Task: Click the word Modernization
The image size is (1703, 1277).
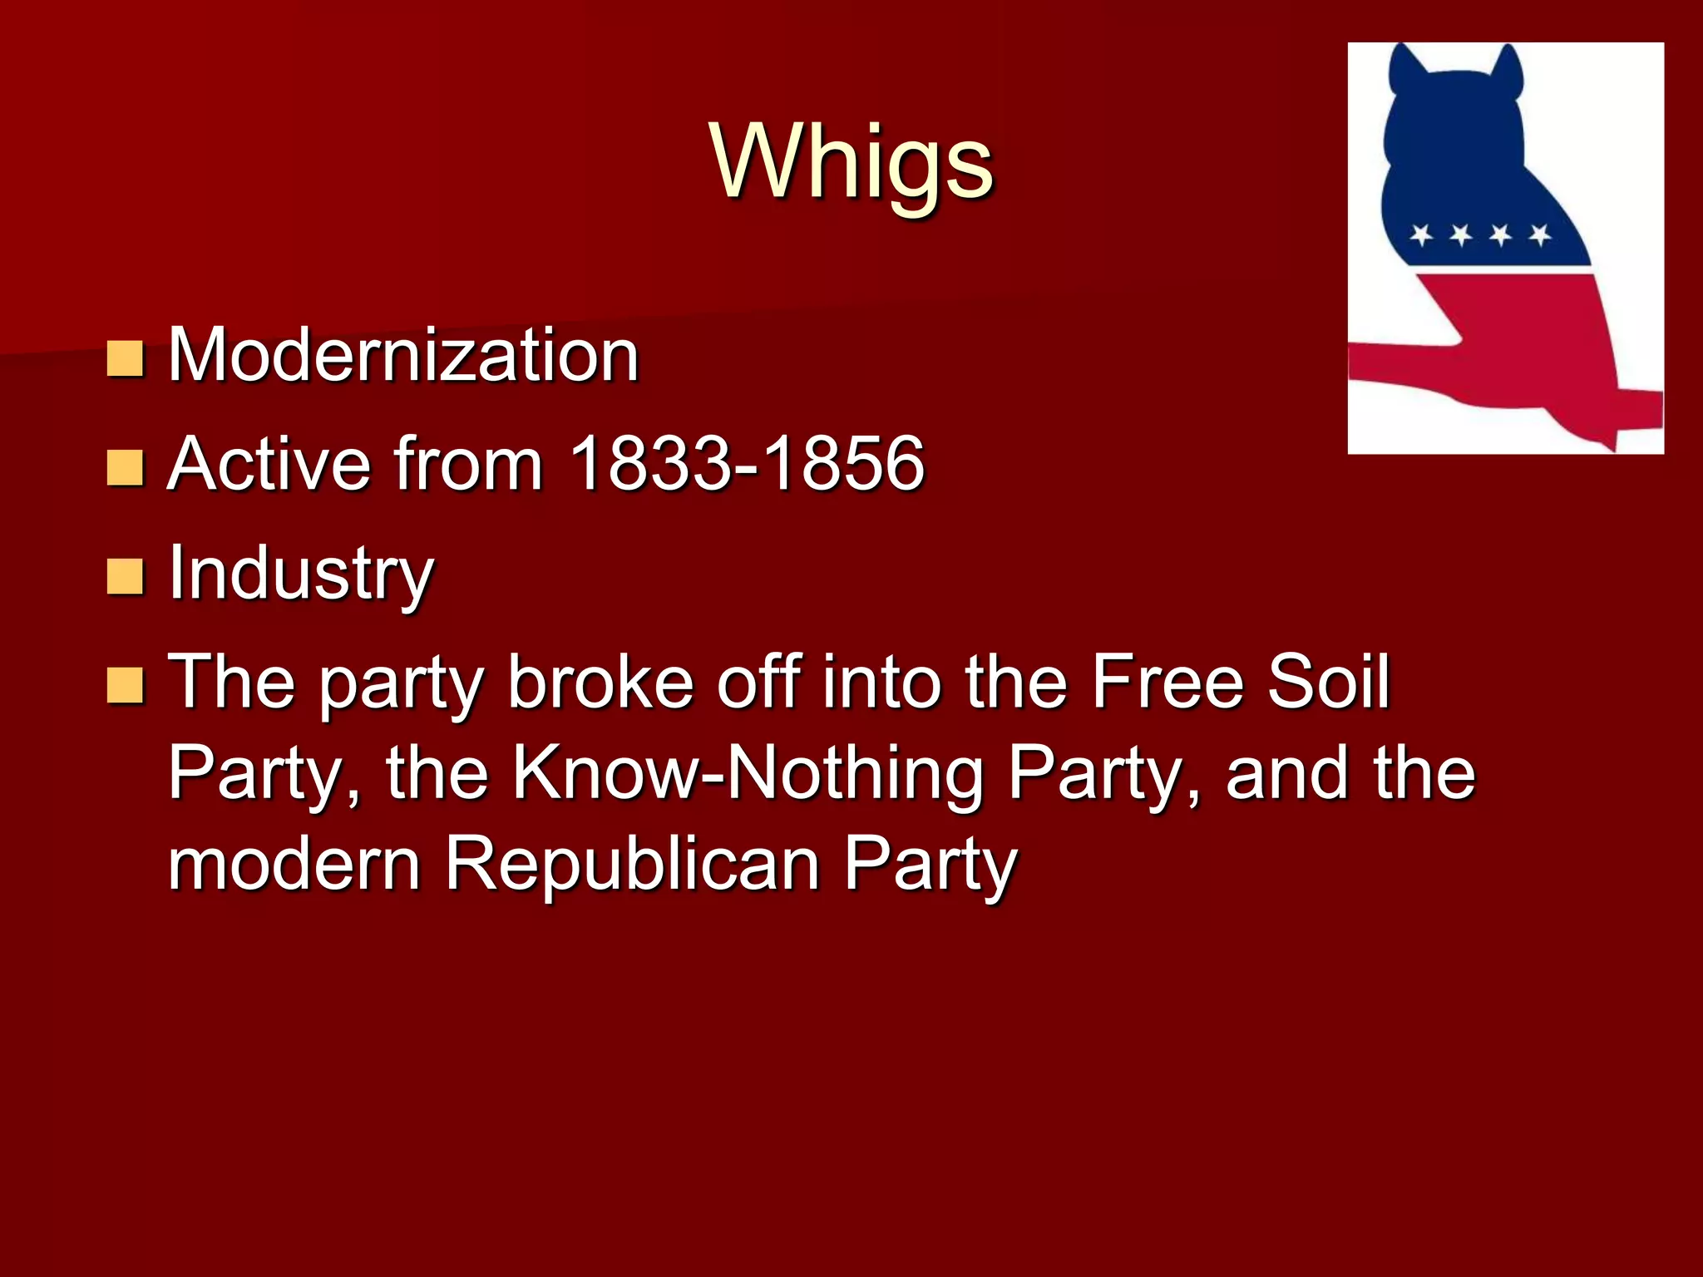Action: [x=403, y=355]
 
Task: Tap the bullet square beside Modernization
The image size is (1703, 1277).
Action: [x=126, y=358]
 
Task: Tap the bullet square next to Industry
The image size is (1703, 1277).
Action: [x=126, y=576]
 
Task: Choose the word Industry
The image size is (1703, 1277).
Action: [x=301, y=574]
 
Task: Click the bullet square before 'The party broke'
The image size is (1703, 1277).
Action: [x=126, y=685]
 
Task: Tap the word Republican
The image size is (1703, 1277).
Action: [x=632, y=865]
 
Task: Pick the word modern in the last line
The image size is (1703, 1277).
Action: [x=294, y=865]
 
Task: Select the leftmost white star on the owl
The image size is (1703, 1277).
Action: [x=1422, y=235]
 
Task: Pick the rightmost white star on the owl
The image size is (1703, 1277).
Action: [x=1540, y=235]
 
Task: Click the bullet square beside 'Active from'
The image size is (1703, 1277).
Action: [x=126, y=467]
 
